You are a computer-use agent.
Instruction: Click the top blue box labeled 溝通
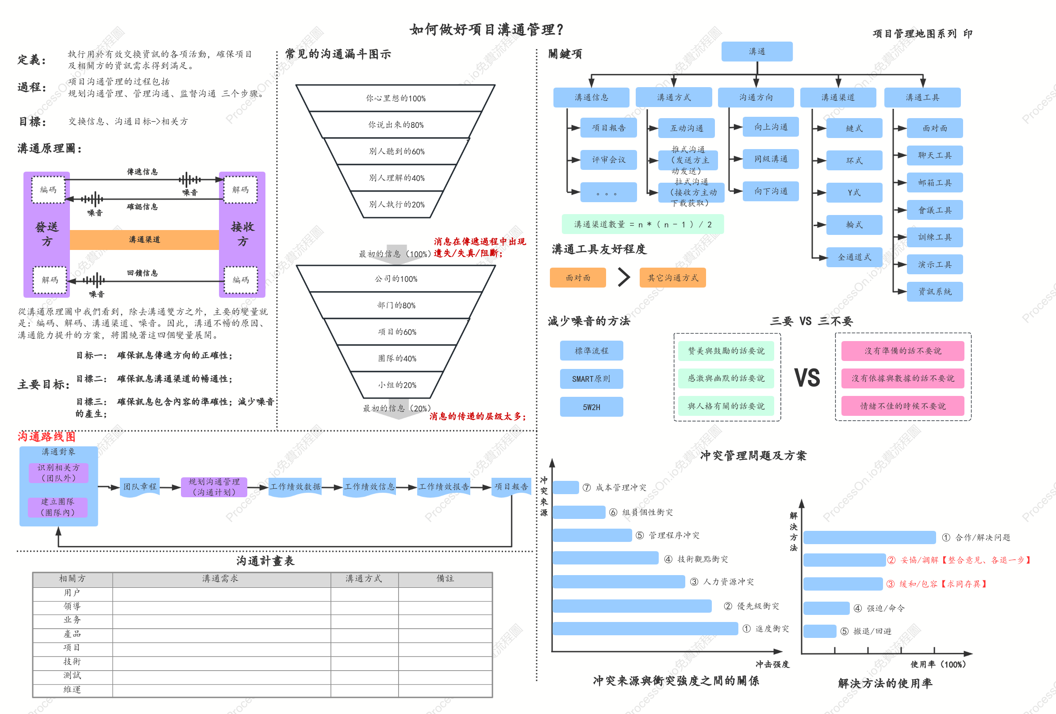tap(756, 51)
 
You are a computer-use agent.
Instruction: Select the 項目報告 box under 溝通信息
tap(608, 128)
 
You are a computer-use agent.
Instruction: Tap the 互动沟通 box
tap(686, 128)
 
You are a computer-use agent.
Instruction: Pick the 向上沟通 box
tap(771, 127)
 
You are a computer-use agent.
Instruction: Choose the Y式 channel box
tap(854, 192)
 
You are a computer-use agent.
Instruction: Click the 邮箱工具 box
tap(935, 182)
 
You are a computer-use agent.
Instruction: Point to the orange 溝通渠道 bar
tap(145, 239)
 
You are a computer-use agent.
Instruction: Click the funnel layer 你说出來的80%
tap(396, 124)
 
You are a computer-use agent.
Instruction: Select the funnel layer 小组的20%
tap(397, 385)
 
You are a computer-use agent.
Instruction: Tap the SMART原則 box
tap(591, 379)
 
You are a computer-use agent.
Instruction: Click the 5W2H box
tap(591, 407)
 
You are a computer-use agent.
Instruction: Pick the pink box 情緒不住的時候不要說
tap(902, 406)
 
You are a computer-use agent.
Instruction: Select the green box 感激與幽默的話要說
tap(726, 378)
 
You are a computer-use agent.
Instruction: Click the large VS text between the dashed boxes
tap(807, 378)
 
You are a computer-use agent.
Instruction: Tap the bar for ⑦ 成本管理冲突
tap(566, 487)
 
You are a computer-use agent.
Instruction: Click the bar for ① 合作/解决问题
tap(869, 537)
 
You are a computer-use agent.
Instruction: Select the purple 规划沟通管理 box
tap(214, 487)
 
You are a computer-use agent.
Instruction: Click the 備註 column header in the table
tap(445, 579)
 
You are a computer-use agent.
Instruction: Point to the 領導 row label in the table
tap(72, 607)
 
